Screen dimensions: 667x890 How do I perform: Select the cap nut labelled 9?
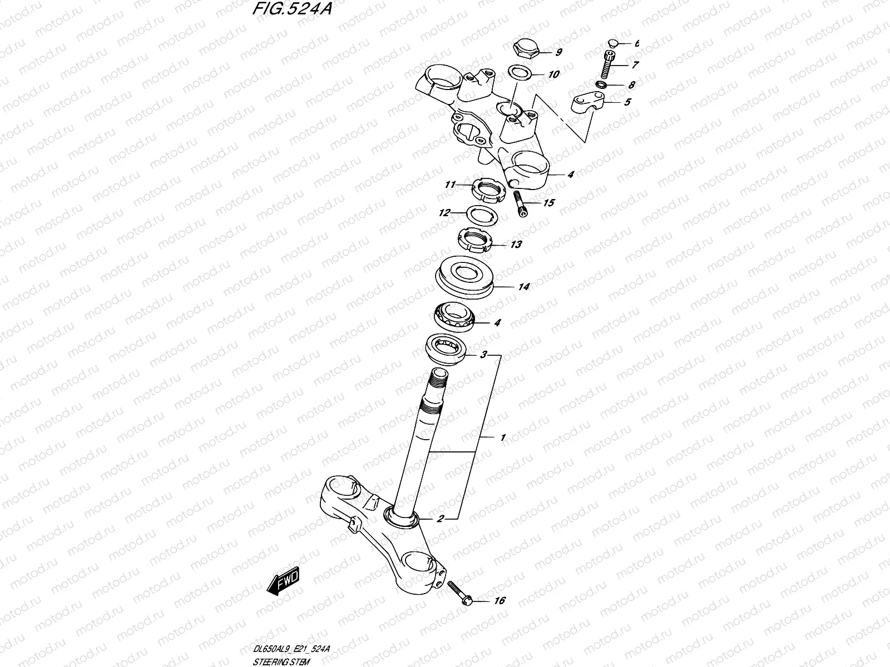[526, 49]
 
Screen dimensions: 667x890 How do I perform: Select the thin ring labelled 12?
[478, 213]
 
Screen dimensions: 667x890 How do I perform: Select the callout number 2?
[441, 519]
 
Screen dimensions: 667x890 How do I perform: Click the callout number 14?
[523, 287]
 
